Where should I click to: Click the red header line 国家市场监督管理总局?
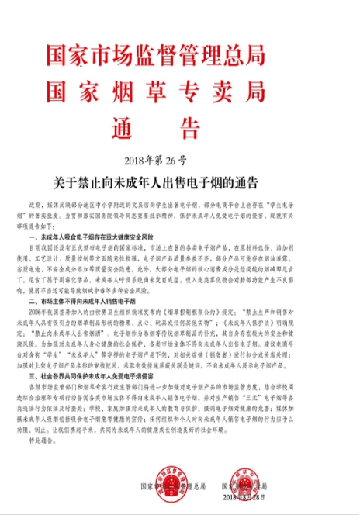click(x=180, y=55)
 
